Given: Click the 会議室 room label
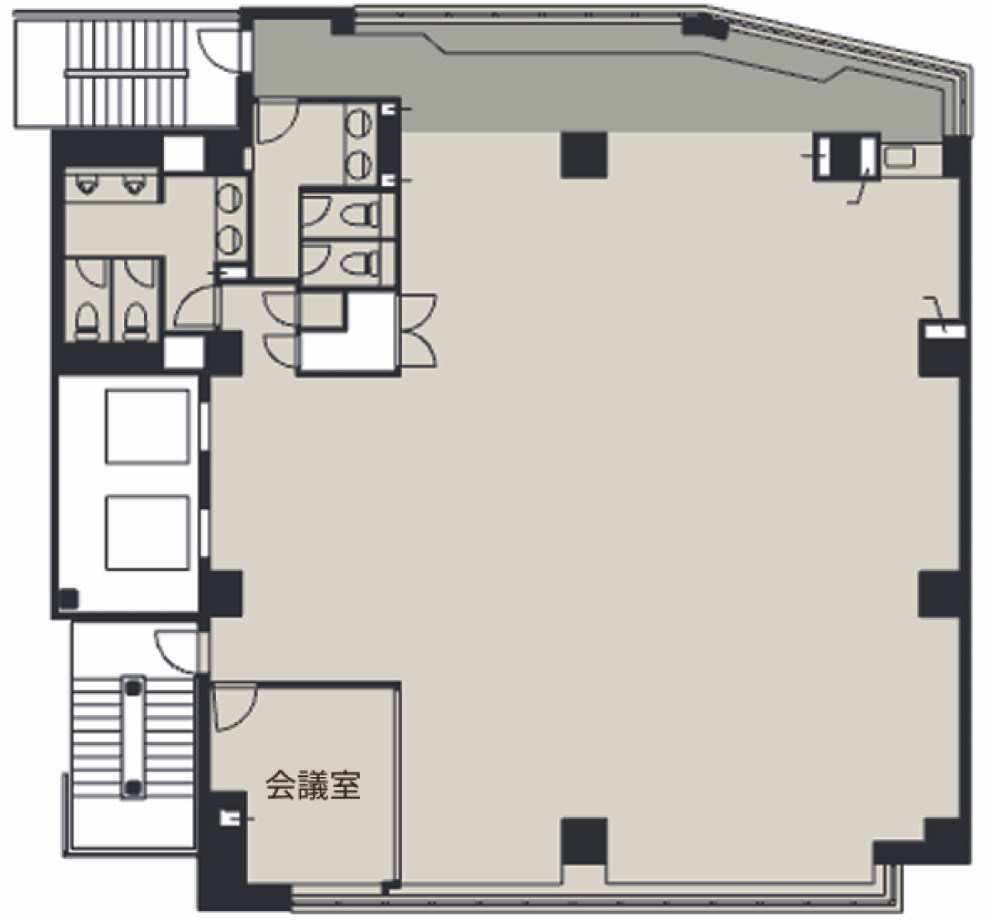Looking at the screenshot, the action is click(313, 785).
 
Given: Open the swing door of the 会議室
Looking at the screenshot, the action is click(235, 708).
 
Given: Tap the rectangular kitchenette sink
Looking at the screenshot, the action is click(900, 156).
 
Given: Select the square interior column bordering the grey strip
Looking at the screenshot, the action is click(584, 155).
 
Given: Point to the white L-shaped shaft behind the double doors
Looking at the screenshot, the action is click(349, 332).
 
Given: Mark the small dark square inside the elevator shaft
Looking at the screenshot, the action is click(68, 599).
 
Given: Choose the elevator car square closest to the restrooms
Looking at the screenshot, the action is click(147, 427).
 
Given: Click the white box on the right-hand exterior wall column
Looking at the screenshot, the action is click(945, 332).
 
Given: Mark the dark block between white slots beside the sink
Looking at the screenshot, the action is click(847, 156).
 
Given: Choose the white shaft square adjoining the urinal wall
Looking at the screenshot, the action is click(184, 154).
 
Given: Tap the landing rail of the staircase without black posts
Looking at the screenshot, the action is click(125, 74).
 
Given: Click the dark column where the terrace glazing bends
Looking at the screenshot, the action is click(705, 26).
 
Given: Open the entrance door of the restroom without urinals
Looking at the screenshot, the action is click(277, 122).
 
